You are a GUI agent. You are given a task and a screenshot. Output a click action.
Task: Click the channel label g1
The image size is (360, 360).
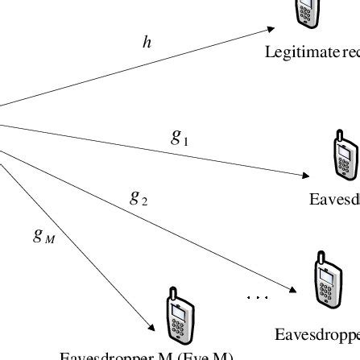pos(180,139)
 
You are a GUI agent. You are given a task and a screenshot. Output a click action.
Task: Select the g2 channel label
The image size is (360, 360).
pos(138,197)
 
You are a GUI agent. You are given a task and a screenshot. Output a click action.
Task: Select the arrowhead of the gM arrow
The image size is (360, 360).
pos(153,329)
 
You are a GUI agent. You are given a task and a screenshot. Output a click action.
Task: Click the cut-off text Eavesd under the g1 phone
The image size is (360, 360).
pos(334,199)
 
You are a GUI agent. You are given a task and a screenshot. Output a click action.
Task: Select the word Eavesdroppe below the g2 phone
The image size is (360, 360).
pos(317,334)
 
